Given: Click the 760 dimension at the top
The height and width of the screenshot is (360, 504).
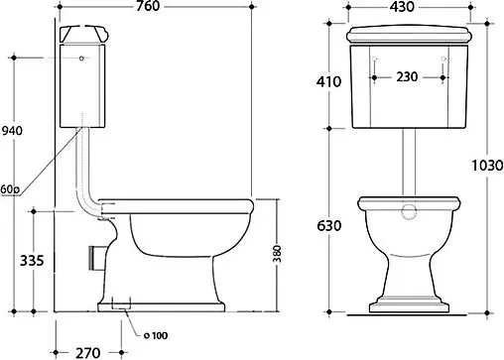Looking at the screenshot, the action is pyautogui.click(x=148, y=6).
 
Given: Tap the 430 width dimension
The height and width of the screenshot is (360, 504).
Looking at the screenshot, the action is pyautogui.click(x=402, y=7).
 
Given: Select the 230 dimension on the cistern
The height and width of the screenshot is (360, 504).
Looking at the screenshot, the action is pyautogui.click(x=407, y=77).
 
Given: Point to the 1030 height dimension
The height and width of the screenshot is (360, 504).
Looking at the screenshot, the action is pyautogui.click(x=487, y=166).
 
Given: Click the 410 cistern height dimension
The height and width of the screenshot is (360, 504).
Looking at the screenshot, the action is pyautogui.click(x=328, y=81).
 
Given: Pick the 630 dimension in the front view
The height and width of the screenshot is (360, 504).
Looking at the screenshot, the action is pyautogui.click(x=328, y=226).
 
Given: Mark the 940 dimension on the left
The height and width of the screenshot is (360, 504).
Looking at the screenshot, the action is pyautogui.click(x=13, y=131).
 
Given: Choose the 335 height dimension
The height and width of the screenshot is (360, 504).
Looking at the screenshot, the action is pyautogui.click(x=32, y=261).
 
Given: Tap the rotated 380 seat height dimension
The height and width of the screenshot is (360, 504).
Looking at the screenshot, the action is pyautogui.click(x=277, y=254).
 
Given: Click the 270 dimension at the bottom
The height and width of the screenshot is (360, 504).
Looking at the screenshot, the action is pyautogui.click(x=88, y=353).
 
